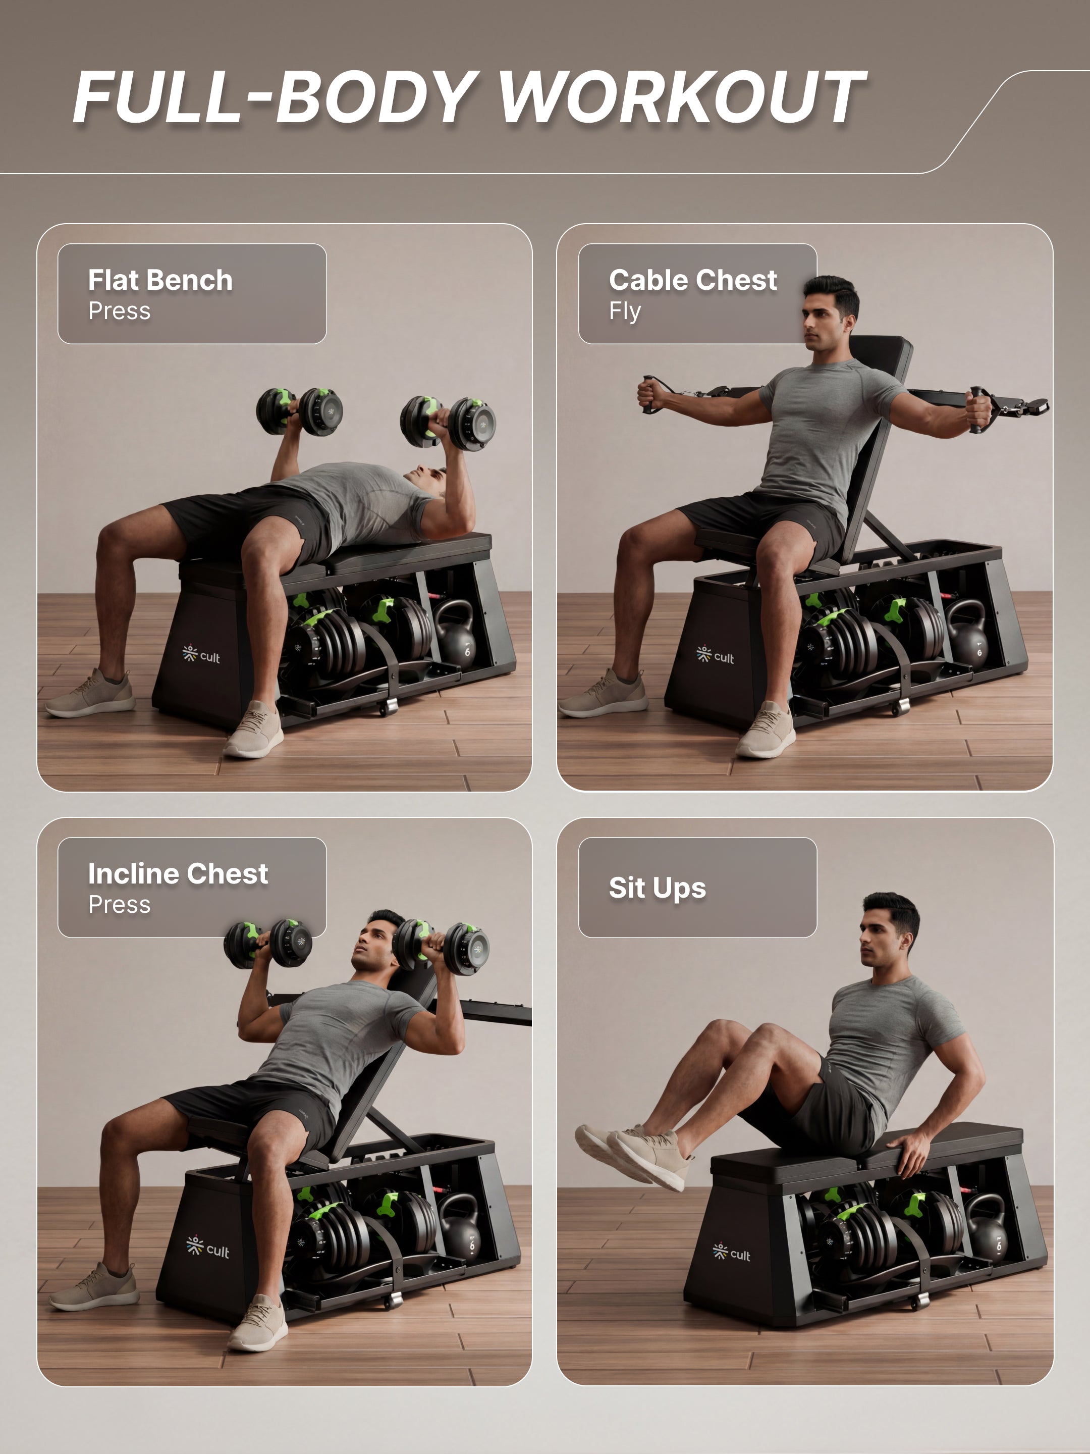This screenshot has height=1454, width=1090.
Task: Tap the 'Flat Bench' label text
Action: pos(160,281)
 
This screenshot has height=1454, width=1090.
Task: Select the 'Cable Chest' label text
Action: pos(692,281)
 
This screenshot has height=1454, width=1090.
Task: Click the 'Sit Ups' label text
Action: pos(657,888)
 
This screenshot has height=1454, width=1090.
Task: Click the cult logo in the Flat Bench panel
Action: pos(201,655)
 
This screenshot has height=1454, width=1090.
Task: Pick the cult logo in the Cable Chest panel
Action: pos(715,655)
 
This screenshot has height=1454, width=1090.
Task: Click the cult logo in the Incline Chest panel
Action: pos(207,1248)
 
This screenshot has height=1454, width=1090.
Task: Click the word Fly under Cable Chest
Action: pos(624,311)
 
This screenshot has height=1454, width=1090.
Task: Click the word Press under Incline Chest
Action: pos(120,905)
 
